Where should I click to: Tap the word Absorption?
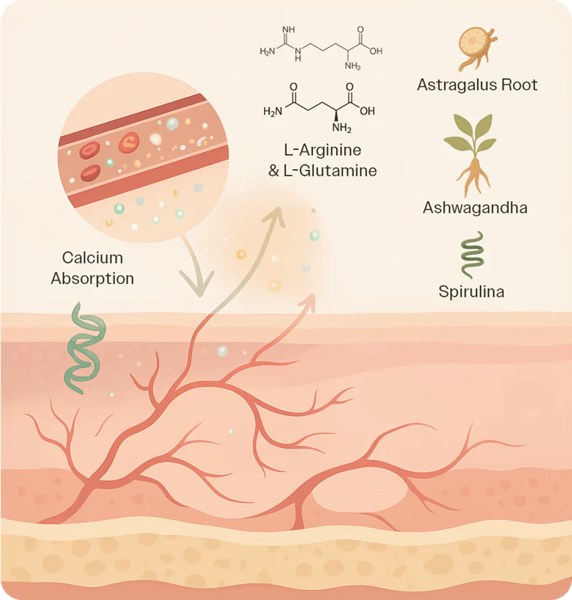(x=93, y=278)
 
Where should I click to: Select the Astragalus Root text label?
(x=477, y=85)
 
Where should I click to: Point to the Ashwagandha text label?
(x=474, y=208)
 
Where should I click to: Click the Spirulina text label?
(x=471, y=292)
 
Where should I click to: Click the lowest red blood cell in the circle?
(x=91, y=172)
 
